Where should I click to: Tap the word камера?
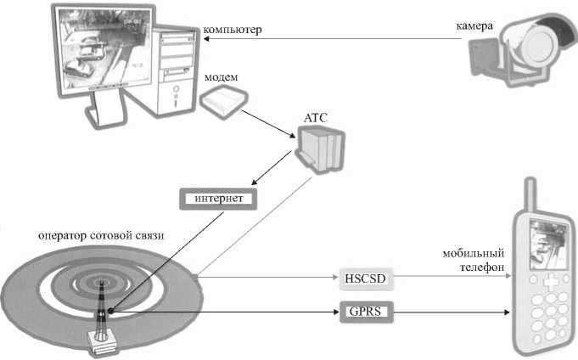pos(473,26)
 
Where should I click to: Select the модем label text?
pos(221,78)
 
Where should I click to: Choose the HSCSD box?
pos(366,278)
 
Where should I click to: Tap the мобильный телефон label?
pos(474,260)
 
